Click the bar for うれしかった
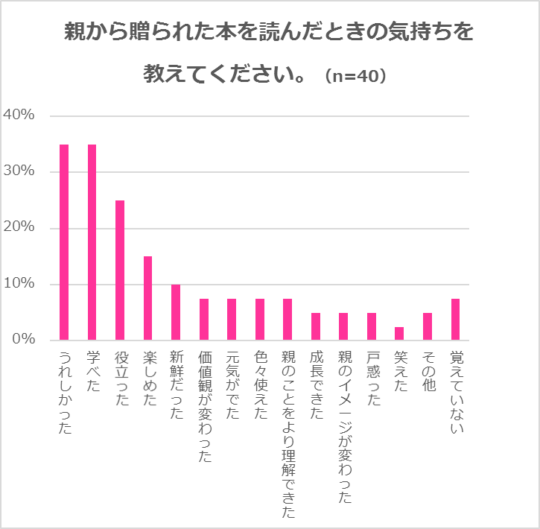coord(64,242)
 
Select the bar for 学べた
coord(92,242)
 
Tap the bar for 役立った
coord(120,270)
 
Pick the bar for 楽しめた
coord(147,298)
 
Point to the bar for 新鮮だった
coord(176,312)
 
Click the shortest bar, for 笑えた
coord(399,334)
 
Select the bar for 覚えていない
coord(455,320)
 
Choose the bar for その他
coord(428,326)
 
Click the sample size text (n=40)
coord(355,77)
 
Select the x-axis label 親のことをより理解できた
coord(288,434)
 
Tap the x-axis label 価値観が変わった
coord(204,407)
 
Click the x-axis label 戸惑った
coord(372,378)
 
